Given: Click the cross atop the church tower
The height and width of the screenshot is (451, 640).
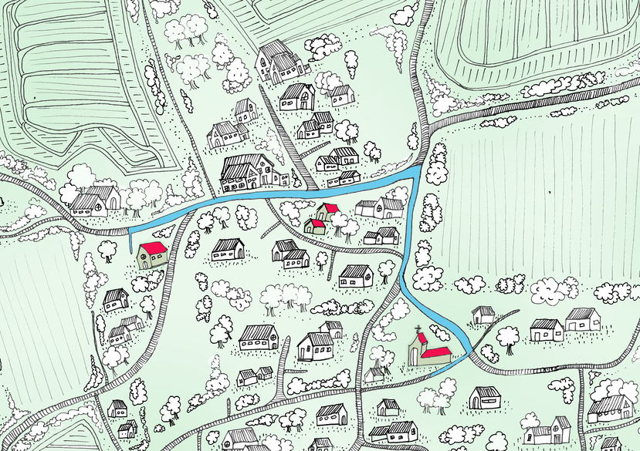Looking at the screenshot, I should pos(418,329).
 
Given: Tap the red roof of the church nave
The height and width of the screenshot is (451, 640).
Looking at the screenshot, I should pos(438,352).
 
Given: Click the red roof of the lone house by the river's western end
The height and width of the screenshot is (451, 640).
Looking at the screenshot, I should pos(152,247).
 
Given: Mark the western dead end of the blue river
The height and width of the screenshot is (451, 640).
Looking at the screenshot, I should pos(130,231).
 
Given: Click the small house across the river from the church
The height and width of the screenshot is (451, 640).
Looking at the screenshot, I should pos(483,315).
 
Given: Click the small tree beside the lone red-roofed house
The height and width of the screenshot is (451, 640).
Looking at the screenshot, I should pos(109,247).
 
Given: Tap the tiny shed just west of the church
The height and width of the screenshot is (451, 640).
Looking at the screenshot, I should pos(376,373).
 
